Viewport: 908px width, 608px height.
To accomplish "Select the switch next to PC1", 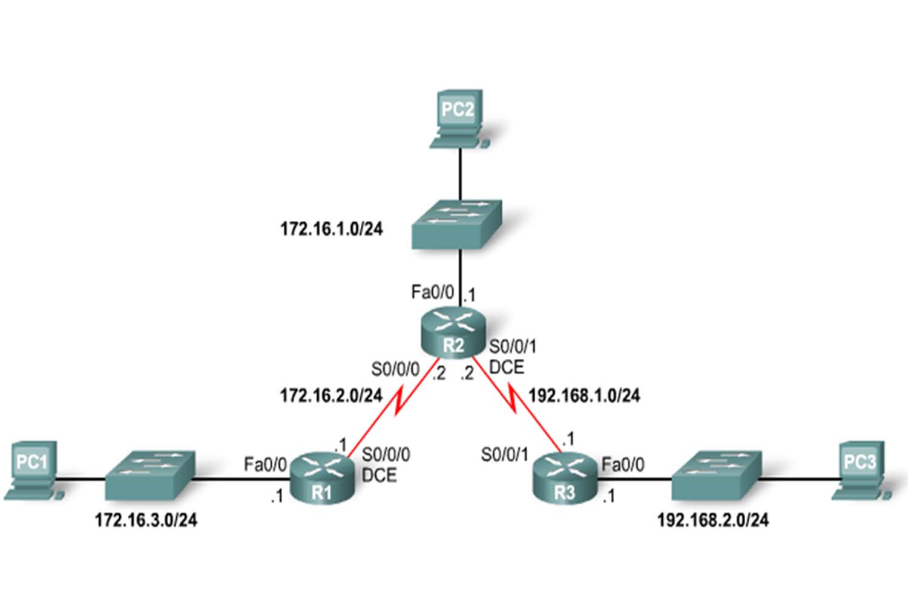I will (x=150, y=474).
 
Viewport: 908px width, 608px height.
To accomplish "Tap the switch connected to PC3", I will (x=716, y=474).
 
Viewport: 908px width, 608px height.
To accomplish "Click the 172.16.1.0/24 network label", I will (x=331, y=229).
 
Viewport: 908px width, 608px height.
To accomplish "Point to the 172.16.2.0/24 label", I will (x=331, y=396).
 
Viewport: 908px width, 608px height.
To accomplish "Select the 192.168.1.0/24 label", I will (x=584, y=396).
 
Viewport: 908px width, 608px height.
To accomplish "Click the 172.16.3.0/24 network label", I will (x=146, y=520).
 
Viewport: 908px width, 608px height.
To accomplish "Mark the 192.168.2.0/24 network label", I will (x=713, y=520).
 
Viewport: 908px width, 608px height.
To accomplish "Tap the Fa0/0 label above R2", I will (x=432, y=293).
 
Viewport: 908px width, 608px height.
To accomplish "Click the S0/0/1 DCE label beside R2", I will (x=512, y=357).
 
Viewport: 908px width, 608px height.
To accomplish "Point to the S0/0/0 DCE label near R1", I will (x=385, y=465).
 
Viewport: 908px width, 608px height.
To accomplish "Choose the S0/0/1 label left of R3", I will (x=505, y=455).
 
